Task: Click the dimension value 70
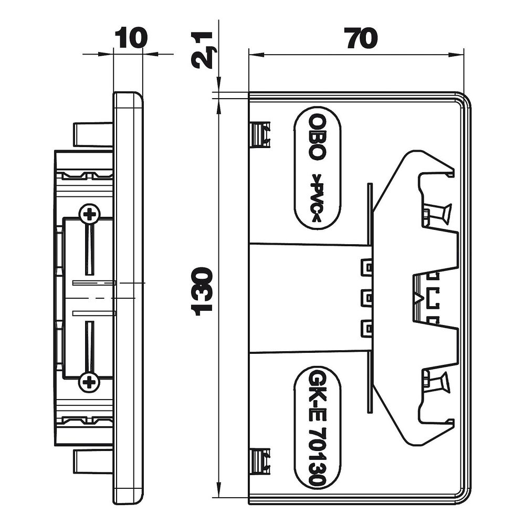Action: (x=362, y=37)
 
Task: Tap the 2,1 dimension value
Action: (x=202, y=50)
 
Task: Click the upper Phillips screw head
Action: (x=89, y=214)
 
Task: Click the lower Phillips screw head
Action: (x=89, y=382)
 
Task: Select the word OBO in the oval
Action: (x=317, y=136)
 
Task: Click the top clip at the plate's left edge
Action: (x=260, y=133)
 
